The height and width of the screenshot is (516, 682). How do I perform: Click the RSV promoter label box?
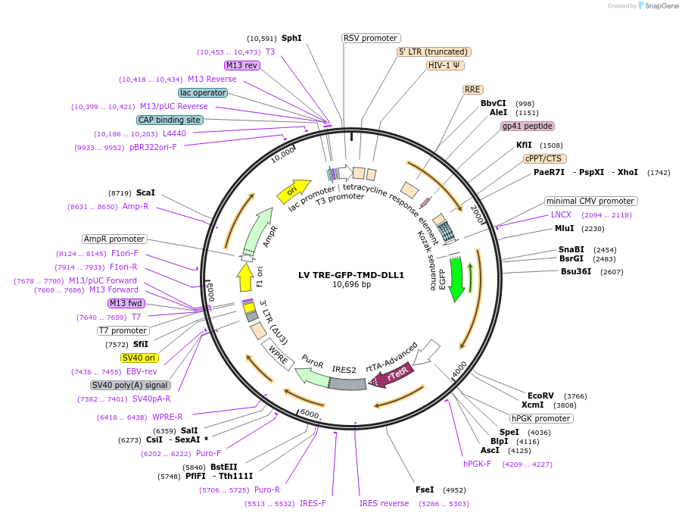click(x=371, y=38)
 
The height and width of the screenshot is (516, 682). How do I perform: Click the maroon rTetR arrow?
click(x=395, y=374)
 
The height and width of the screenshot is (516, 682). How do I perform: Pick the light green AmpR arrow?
click(x=260, y=230)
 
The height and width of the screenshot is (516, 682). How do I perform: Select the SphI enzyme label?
click(x=291, y=38)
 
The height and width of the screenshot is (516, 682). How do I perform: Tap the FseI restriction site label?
click(x=425, y=489)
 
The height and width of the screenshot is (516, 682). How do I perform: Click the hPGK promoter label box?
click(x=541, y=418)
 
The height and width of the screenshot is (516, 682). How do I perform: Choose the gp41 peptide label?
click(x=528, y=127)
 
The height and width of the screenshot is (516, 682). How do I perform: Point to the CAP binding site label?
click(x=170, y=120)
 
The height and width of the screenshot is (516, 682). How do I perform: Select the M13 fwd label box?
click(x=126, y=303)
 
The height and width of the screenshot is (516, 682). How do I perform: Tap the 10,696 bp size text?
click(x=351, y=286)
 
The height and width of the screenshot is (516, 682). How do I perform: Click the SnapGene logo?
click(x=656, y=6)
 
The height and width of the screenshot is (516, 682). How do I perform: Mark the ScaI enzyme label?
click(x=145, y=193)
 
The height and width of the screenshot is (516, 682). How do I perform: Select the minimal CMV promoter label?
click(x=591, y=202)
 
